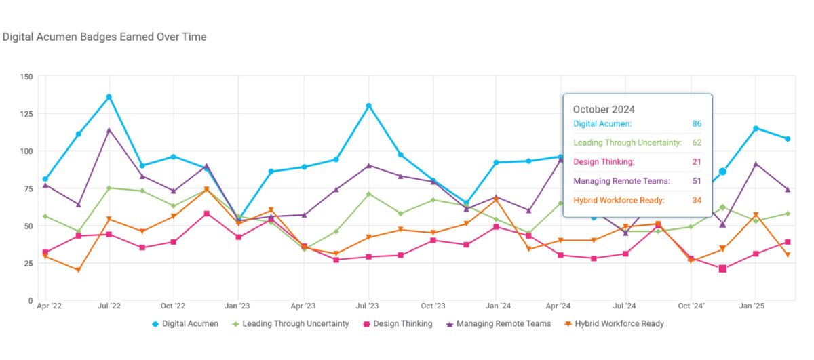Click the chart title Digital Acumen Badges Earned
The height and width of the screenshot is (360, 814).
coord(104,37)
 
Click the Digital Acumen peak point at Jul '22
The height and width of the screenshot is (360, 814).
coord(109,97)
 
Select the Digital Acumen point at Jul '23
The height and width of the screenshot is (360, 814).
coord(368,106)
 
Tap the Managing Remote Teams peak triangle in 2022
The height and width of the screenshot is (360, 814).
coord(109,129)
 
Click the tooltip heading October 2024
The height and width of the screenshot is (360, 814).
coord(604,109)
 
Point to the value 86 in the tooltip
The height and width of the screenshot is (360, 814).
coord(697,124)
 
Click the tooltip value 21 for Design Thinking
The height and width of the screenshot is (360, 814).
coord(697,162)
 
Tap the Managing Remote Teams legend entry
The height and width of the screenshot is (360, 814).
coord(498,324)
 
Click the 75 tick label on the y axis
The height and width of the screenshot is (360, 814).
coord(28,188)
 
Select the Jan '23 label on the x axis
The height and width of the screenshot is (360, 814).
coord(237,306)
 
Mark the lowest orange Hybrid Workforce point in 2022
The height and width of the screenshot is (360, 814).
coord(78,270)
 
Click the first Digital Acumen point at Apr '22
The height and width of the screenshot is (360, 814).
coord(45,179)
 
